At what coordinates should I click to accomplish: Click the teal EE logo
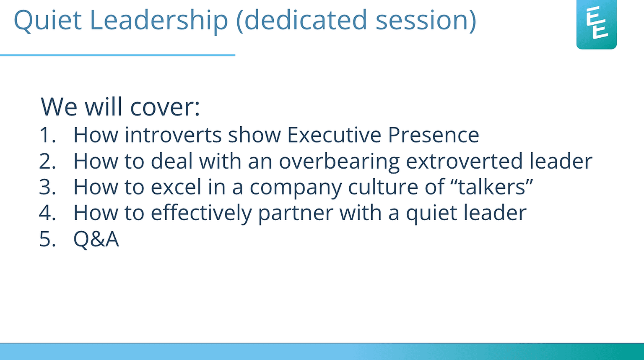(x=596, y=24)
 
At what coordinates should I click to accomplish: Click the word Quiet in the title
(x=48, y=20)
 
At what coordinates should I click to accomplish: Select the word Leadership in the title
(x=159, y=21)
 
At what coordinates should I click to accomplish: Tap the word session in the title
(x=426, y=21)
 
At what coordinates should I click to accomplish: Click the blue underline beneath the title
(x=117, y=55)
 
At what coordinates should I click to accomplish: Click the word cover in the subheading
(x=165, y=107)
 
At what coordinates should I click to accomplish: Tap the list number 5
(x=47, y=239)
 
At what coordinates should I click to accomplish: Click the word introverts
(x=173, y=134)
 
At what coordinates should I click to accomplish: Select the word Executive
(x=334, y=134)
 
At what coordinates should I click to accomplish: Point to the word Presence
(x=434, y=135)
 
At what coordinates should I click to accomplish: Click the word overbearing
(x=339, y=162)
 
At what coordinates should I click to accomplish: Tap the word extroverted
(x=464, y=161)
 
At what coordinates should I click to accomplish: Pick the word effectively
(x=201, y=213)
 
